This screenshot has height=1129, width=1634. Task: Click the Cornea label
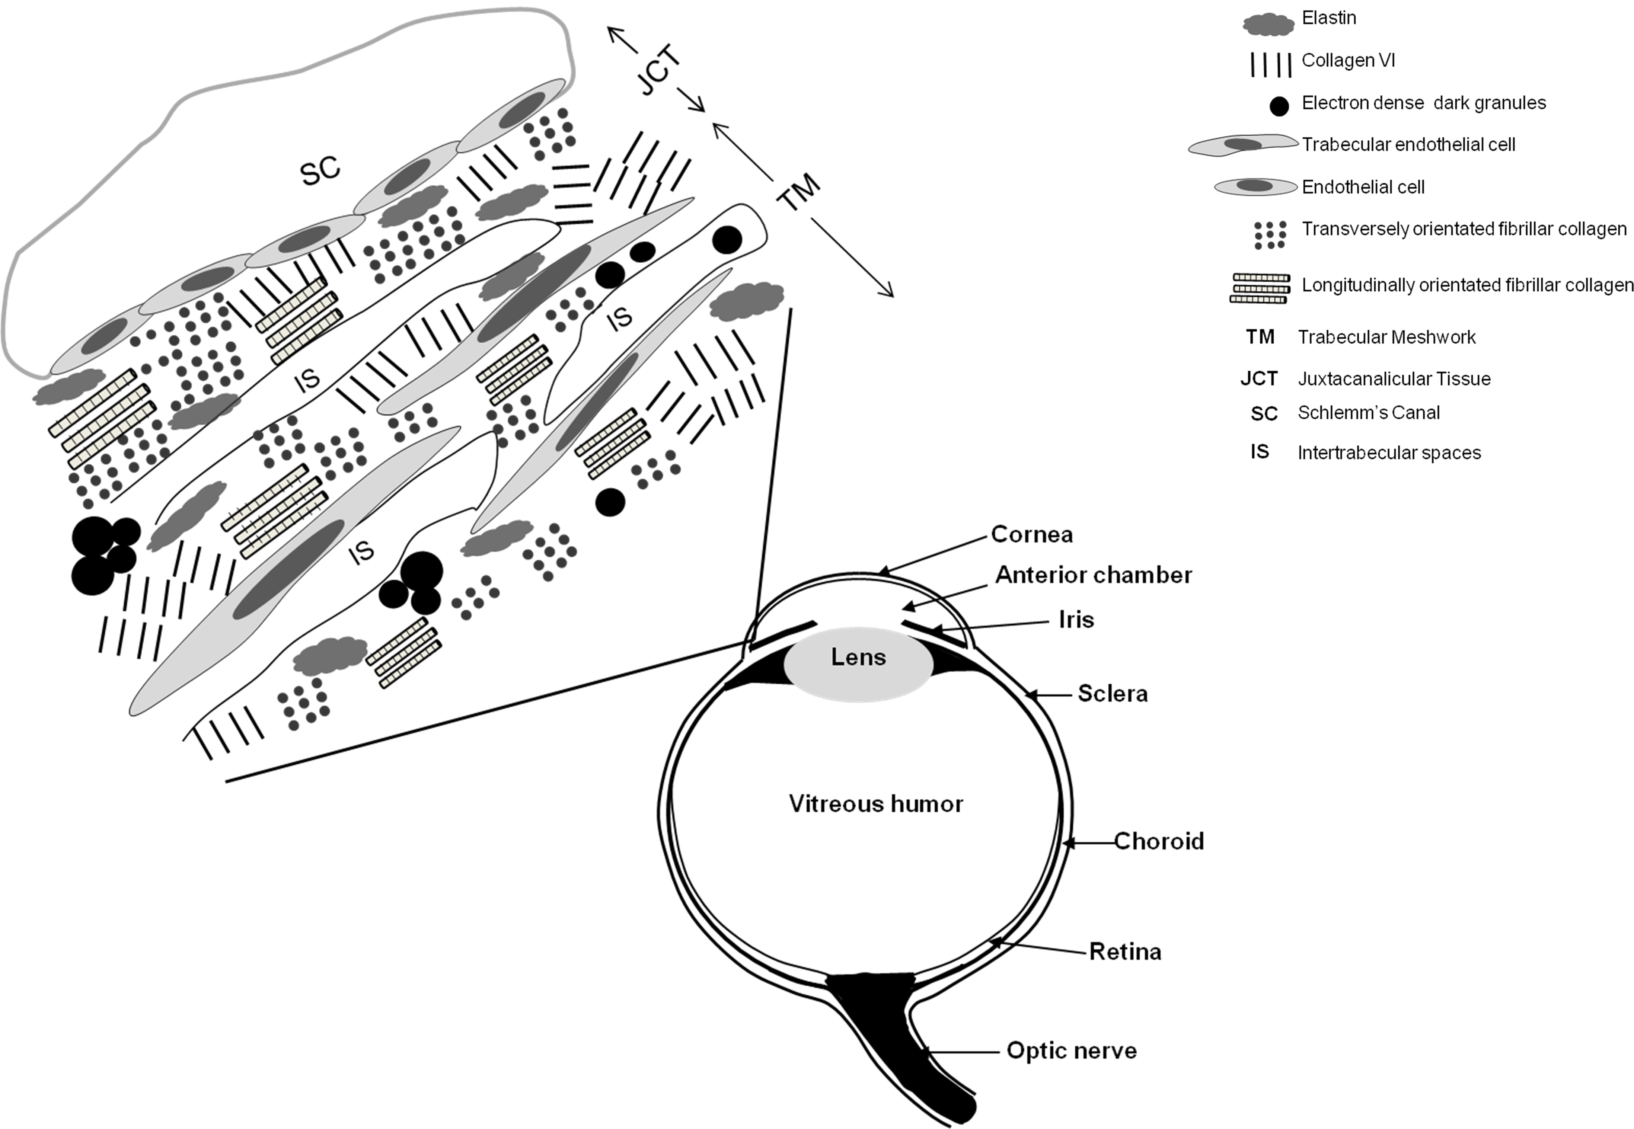click(x=1031, y=534)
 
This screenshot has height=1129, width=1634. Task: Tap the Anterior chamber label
click(x=1093, y=575)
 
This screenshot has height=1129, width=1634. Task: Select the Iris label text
click(x=1076, y=620)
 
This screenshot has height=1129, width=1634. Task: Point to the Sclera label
click(x=1112, y=694)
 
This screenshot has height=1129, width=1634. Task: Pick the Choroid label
click(x=1159, y=841)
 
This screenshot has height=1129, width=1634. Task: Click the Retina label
click(x=1125, y=952)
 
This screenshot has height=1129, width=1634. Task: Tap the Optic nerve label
click(x=1071, y=1050)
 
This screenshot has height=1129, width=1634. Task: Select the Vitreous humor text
click(x=876, y=804)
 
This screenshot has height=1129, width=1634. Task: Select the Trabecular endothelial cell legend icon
click(x=1244, y=145)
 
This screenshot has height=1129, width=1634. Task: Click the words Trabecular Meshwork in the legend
click(x=1386, y=338)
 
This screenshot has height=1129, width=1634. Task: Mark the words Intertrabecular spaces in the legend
click(x=1389, y=453)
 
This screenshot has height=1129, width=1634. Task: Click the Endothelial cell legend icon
click(x=1255, y=187)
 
